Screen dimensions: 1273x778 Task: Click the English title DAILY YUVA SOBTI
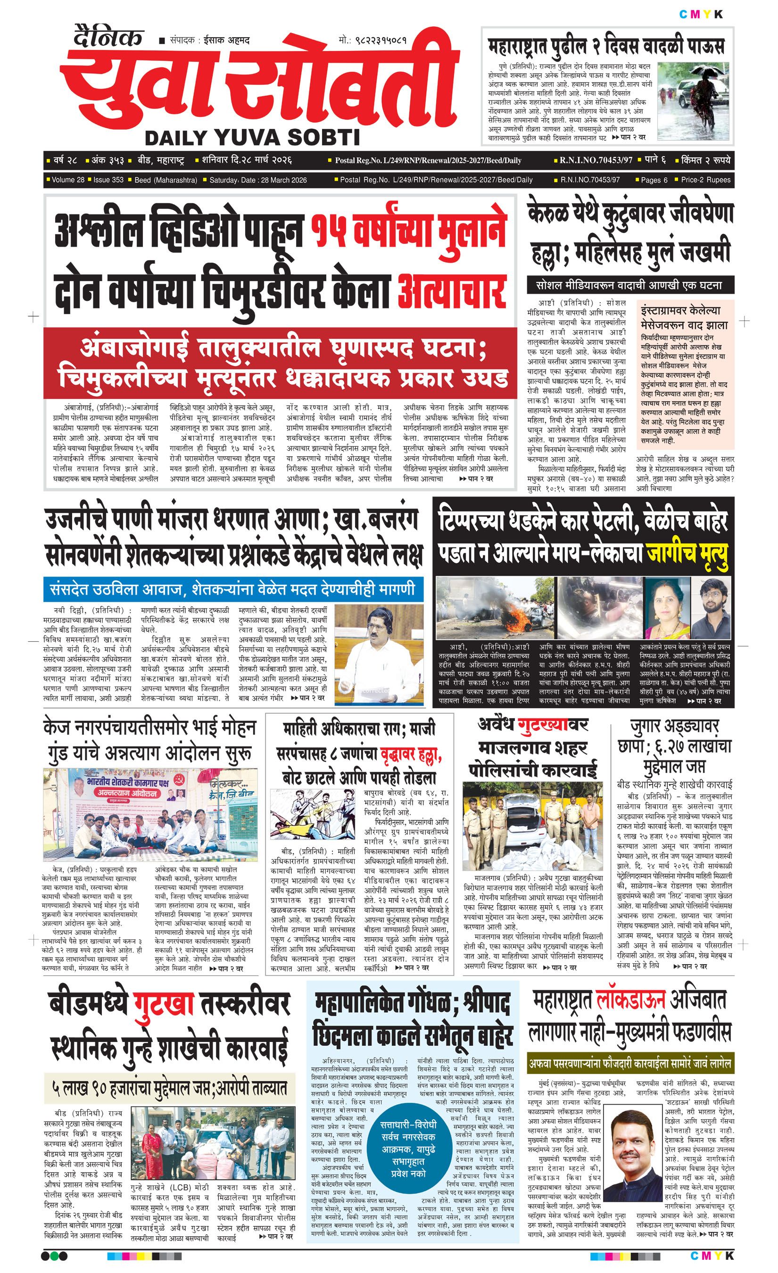252,137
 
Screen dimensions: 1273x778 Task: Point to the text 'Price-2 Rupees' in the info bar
705,180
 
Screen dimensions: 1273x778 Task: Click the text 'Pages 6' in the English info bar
654,180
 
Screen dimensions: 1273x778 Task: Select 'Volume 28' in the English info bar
67,180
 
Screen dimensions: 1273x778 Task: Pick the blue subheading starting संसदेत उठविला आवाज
232,588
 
